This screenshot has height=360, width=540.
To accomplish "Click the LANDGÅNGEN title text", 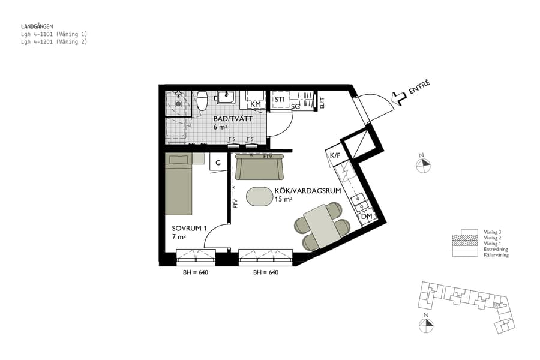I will click(x=37, y=26).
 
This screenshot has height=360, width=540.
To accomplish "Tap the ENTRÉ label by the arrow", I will click(x=419, y=88).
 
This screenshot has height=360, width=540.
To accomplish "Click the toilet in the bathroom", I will click(x=202, y=100).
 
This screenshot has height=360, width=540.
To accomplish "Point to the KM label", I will click(x=256, y=104).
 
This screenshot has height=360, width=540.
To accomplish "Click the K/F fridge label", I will click(x=335, y=156).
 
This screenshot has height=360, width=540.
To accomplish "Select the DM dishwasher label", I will click(x=367, y=216).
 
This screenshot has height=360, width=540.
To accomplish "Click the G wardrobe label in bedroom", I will click(x=218, y=163).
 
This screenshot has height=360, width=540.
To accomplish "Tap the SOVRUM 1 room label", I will click(x=189, y=228).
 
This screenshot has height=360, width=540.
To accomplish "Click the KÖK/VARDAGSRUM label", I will click(x=307, y=191).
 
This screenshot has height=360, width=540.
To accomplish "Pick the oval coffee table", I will click(x=259, y=196).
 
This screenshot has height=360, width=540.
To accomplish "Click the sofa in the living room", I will click(x=260, y=167).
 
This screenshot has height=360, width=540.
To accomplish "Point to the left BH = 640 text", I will click(x=196, y=272).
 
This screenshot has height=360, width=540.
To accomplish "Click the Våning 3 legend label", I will click(x=493, y=232).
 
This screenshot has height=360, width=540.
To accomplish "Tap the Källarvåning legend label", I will click(x=496, y=255).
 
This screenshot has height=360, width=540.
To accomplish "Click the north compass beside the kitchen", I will click(x=423, y=165).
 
